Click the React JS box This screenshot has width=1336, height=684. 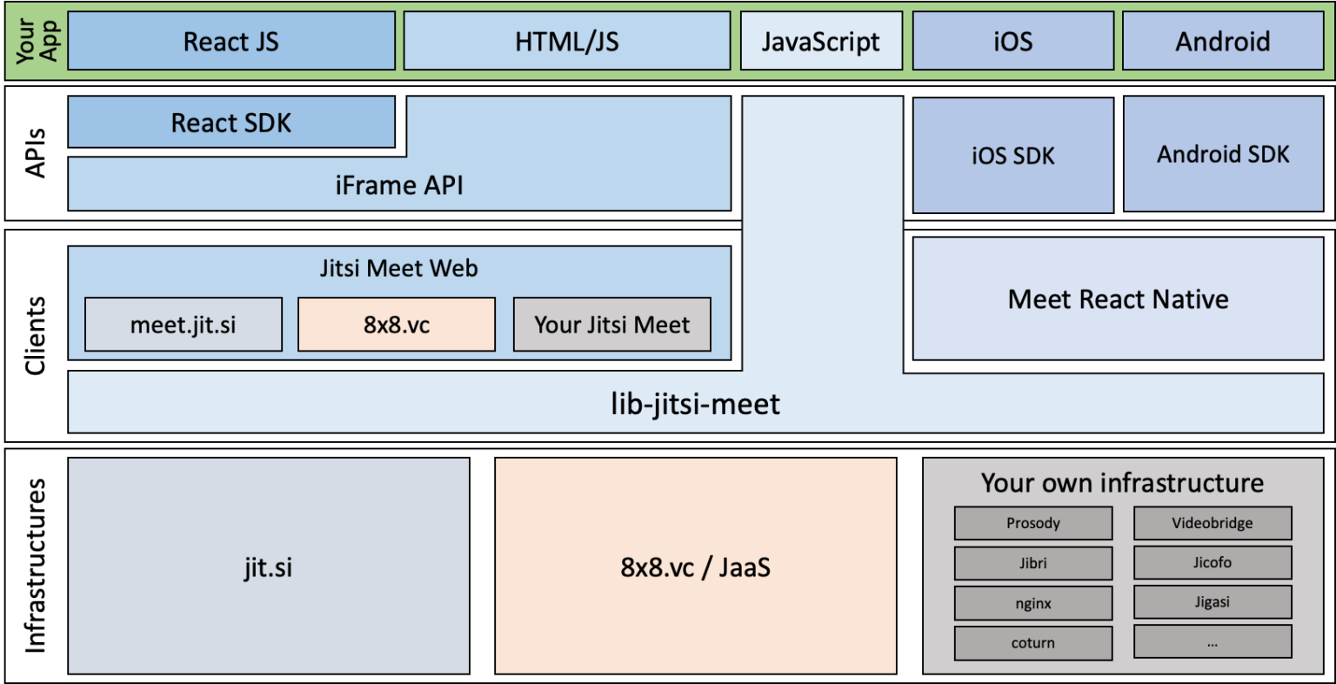(x=231, y=41)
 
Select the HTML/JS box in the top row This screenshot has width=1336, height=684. (x=566, y=41)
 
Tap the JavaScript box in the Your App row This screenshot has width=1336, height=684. (x=821, y=41)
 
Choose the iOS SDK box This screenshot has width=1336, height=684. (x=1012, y=155)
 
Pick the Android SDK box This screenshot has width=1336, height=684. (x=1223, y=154)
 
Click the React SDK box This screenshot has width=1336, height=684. (x=231, y=123)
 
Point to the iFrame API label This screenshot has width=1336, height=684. (x=399, y=185)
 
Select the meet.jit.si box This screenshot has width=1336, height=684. (x=184, y=325)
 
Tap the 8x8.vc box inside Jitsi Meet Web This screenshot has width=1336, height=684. (x=397, y=325)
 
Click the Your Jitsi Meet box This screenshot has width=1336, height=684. (x=611, y=325)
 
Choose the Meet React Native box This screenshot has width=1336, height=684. (x=1118, y=299)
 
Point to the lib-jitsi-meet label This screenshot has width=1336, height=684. (x=695, y=404)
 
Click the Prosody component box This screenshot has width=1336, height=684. (x=1033, y=523)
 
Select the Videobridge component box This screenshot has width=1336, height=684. (x=1212, y=523)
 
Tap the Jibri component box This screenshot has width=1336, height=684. (x=1033, y=563)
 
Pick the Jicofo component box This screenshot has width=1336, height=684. (x=1212, y=562)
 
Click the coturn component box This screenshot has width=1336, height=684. (x=1033, y=643)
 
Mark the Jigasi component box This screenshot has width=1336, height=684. (x=1212, y=602)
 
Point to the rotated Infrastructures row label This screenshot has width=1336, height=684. (x=35, y=565)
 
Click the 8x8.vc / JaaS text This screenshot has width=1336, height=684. (x=695, y=567)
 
